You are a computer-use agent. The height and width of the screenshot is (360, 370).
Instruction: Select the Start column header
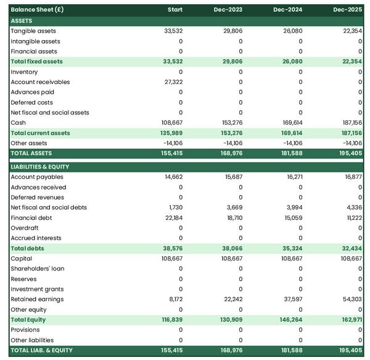click(x=175, y=10)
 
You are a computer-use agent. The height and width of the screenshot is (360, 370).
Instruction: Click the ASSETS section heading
click(x=22, y=21)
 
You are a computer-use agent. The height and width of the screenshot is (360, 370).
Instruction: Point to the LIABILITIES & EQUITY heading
click(x=40, y=167)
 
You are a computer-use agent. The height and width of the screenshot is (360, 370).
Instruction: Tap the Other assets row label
click(x=29, y=143)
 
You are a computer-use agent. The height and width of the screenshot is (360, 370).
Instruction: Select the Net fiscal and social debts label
click(x=50, y=207)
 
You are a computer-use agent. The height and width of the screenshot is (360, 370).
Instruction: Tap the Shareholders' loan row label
click(x=37, y=269)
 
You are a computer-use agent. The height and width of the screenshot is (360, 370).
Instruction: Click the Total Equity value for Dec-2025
click(x=351, y=320)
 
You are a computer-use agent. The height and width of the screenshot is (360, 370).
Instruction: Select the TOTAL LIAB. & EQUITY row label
click(x=41, y=350)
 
